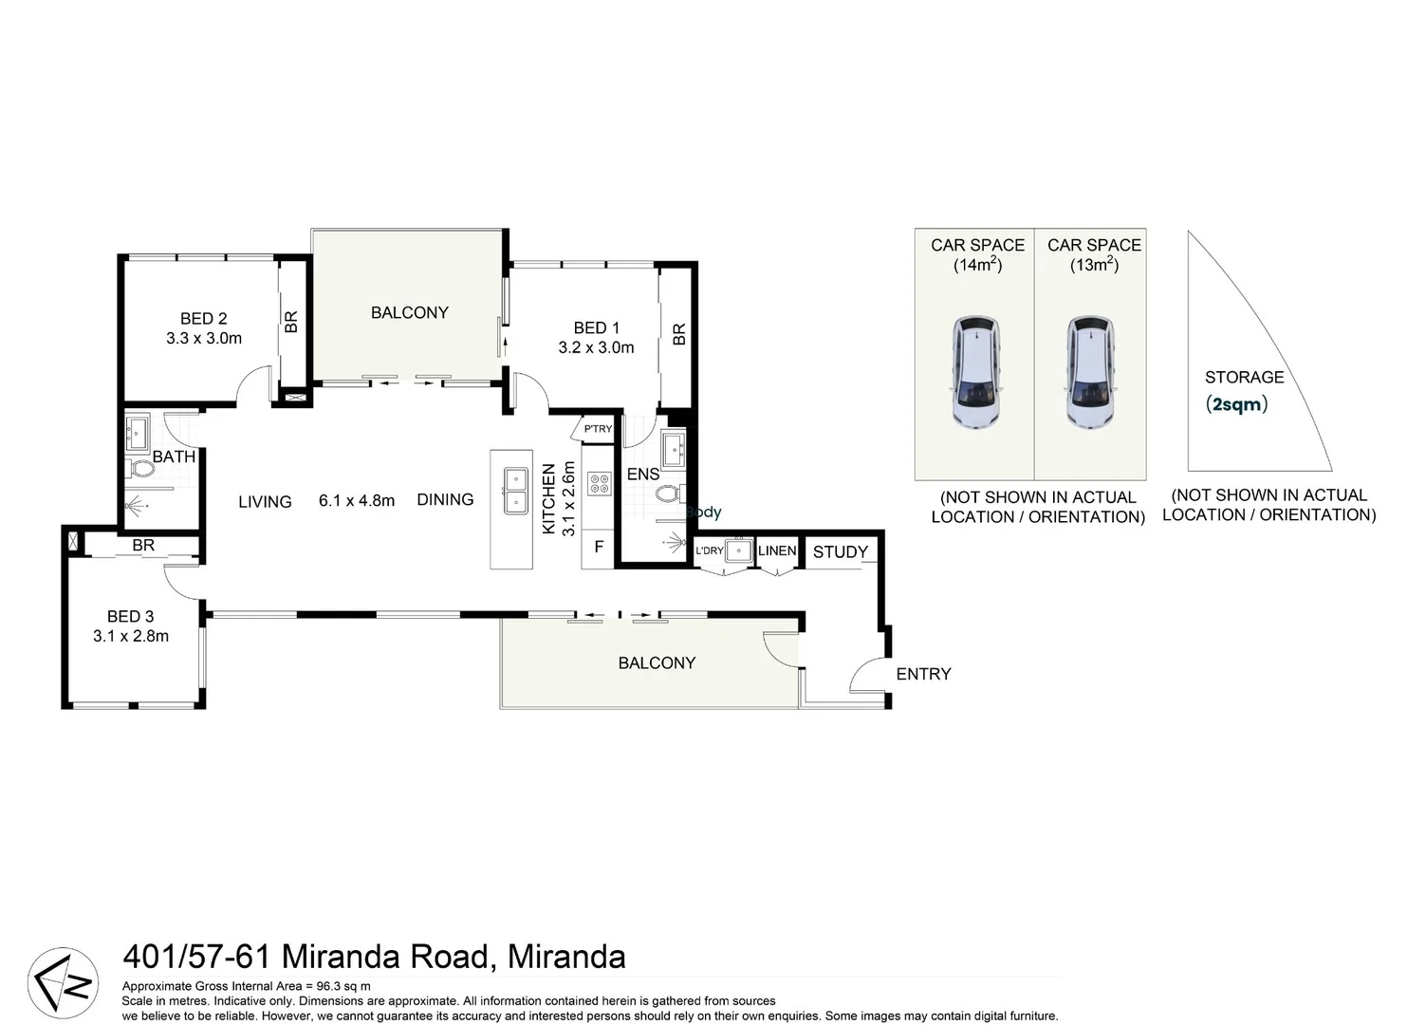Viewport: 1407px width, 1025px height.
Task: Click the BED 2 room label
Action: click(x=204, y=319)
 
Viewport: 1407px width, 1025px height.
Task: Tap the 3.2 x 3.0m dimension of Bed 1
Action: click(x=596, y=347)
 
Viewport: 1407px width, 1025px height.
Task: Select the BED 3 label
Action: click(x=131, y=617)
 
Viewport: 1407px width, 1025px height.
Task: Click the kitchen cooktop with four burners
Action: click(x=600, y=483)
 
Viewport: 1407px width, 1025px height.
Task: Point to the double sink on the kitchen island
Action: click(x=515, y=490)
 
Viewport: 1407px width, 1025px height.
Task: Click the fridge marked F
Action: click(x=599, y=547)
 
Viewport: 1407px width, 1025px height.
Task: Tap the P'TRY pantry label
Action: click(x=598, y=429)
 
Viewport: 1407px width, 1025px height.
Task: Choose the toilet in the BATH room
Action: click(x=140, y=469)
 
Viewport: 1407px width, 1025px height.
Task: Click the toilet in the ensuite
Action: click(x=670, y=494)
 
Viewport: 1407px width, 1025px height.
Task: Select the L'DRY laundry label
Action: click(x=710, y=550)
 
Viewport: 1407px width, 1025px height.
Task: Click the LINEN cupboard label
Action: click(x=777, y=551)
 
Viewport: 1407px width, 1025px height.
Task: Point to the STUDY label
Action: click(x=841, y=552)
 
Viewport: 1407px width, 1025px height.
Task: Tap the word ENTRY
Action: click(x=923, y=675)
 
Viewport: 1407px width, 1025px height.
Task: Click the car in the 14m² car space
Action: click(x=976, y=372)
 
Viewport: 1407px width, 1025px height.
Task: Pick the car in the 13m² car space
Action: click(x=1092, y=372)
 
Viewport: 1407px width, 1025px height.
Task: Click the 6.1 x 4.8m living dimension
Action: click(x=357, y=501)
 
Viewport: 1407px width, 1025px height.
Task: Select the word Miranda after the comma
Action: click(x=566, y=957)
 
